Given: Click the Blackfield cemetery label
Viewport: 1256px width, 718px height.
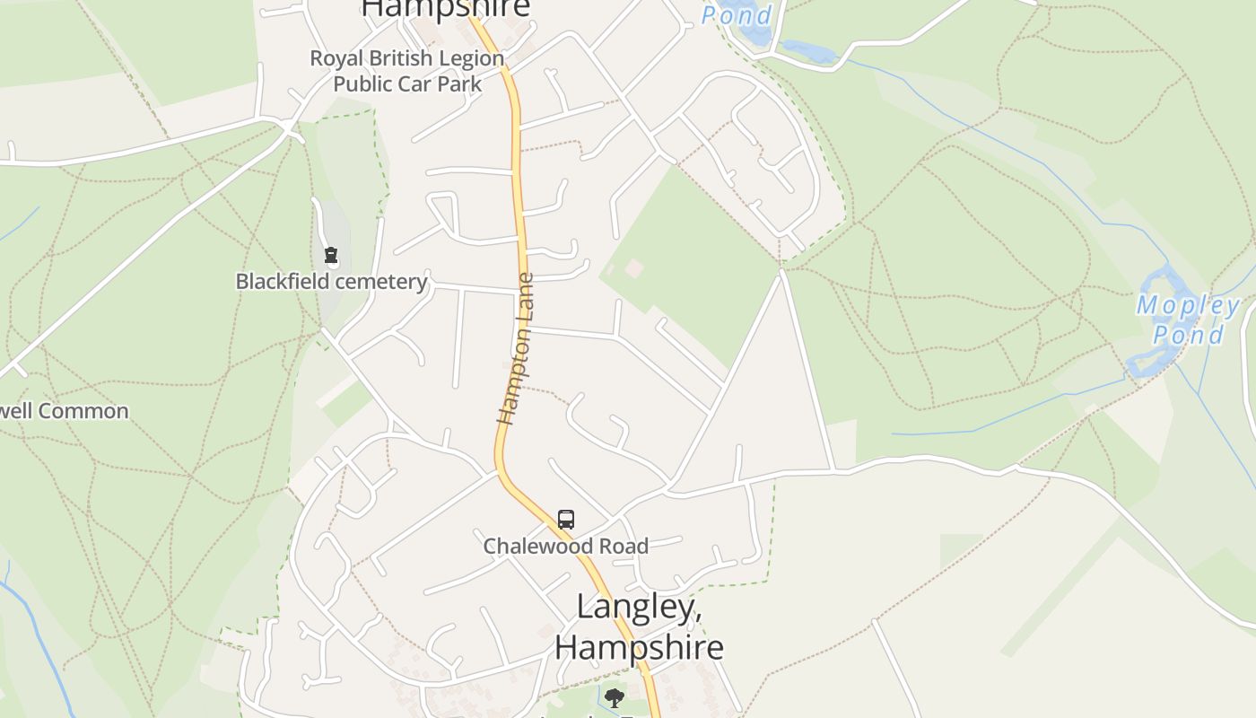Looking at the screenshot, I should [x=331, y=282].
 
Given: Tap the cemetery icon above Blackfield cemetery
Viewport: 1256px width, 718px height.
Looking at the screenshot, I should [x=331, y=256].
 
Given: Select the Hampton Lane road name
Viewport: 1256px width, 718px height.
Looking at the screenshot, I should [x=516, y=348].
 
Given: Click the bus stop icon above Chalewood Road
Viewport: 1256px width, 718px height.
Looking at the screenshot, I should [x=566, y=519].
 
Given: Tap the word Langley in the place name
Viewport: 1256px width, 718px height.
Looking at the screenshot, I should [x=638, y=607].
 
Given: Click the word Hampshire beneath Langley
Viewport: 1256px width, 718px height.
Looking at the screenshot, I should [x=639, y=646].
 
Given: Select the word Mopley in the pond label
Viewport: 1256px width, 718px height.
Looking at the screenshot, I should [x=1188, y=305].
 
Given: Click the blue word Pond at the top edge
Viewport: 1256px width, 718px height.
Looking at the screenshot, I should [x=737, y=15].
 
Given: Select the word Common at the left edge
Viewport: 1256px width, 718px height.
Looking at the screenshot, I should [x=84, y=411].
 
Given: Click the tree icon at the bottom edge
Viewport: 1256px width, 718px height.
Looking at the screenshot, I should [x=614, y=697].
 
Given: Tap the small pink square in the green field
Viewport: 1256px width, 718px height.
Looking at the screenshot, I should [x=634, y=267].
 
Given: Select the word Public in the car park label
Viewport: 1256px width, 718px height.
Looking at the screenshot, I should [x=362, y=84].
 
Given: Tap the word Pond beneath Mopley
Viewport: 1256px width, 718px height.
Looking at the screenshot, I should [x=1188, y=336].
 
